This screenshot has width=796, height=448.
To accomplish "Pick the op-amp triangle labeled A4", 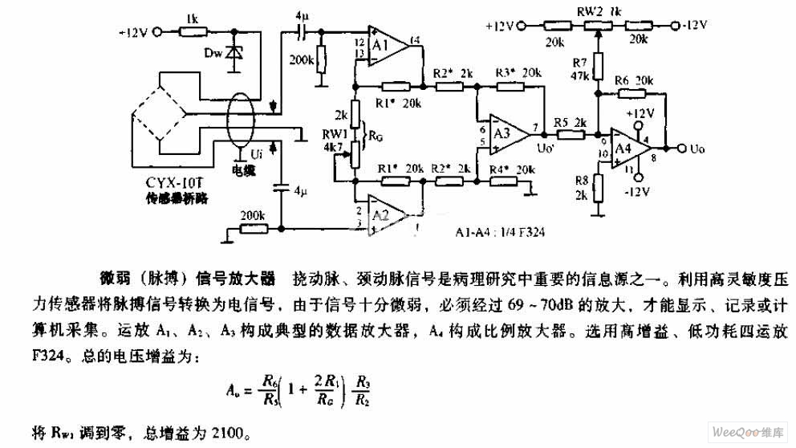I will click(631, 149).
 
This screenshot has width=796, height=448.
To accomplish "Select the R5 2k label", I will click(569, 122).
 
